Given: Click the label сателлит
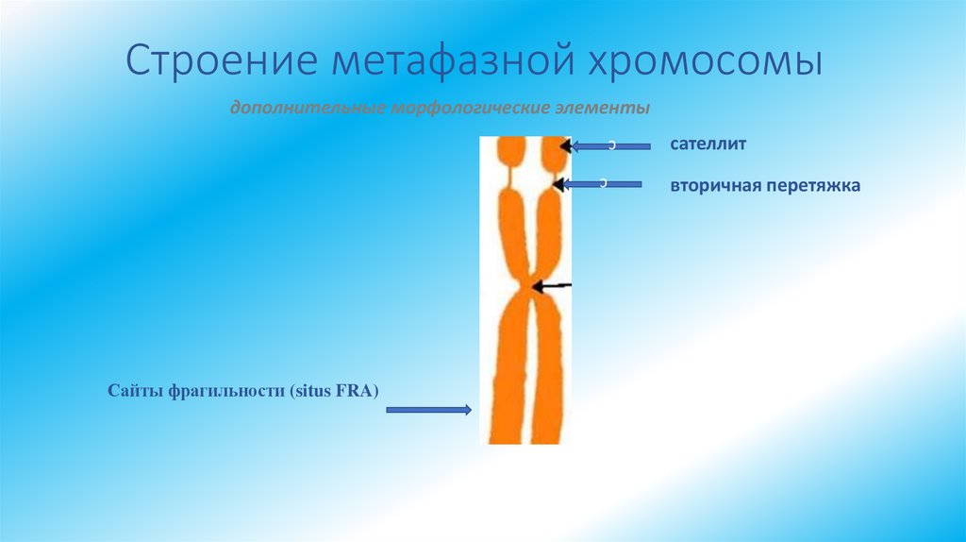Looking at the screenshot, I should tap(708, 145).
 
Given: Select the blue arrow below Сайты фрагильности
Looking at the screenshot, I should tap(429, 410).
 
